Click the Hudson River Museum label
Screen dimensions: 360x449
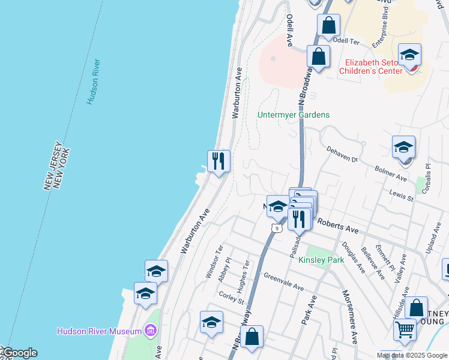pyautogui.click(x=100, y=331)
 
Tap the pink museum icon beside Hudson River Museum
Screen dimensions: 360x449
pyautogui.click(x=150, y=331)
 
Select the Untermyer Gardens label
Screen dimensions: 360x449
pyautogui.click(x=294, y=115)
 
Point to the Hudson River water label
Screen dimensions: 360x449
pyautogui.click(x=93, y=82)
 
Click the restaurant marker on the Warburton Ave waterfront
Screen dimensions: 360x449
pyautogui.click(x=218, y=161)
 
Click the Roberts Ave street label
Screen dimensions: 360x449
pyautogui.click(x=337, y=226)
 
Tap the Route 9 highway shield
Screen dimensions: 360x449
pyautogui.click(x=276, y=228)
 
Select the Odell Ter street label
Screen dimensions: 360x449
pyautogui.click(x=345, y=41)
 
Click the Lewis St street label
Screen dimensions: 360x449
pyautogui.click(x=402, y=196)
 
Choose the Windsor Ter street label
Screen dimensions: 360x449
pyautogui.click(x=214, y=262)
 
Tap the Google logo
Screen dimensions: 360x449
pyautogui.click(x=19, y=353)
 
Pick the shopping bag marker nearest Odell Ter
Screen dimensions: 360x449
pyautogui.click(x=328, y=26)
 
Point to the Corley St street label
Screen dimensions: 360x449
pyautogui.click(x=231, y=298)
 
